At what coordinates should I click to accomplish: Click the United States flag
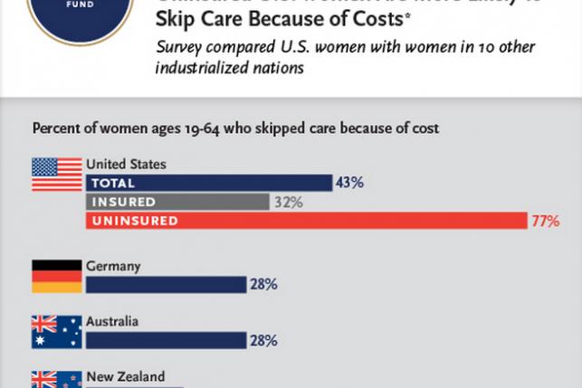click(x=55, y=175)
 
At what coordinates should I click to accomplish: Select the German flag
click(x=55, y=276)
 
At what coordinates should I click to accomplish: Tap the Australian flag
click(x=55, y=332)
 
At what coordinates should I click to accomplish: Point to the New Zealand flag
click(x=55, y=380)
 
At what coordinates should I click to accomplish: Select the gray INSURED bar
click(x=177, y=202)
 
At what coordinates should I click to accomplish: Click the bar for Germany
click(x=166, y=285)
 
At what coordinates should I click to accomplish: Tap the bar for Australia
click(x=166, y=340)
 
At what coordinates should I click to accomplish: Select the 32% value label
click(x=287, y=202)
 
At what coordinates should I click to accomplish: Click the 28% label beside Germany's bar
click(x=263, y=285)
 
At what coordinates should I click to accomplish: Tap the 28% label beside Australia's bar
click(x=263, y=340)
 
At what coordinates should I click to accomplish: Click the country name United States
click(x=125, y=165)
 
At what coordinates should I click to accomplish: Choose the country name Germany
click(x=113, y=266)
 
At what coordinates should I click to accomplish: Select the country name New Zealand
click(x=125, y=377)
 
